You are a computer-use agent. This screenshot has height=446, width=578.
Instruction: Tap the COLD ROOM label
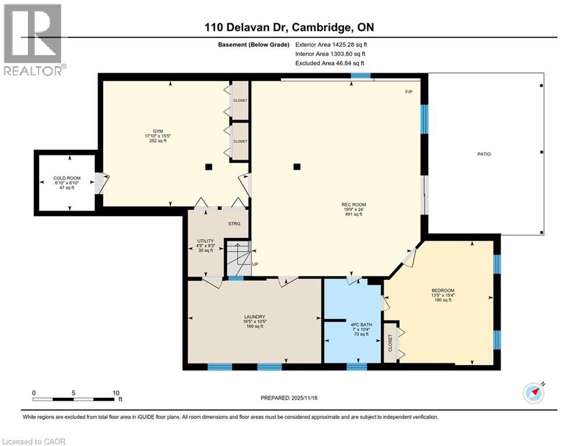tap(67, 178)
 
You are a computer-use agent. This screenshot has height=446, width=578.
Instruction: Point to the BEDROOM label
tap(442, 290)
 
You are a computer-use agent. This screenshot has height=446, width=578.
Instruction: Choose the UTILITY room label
tap(206, 241)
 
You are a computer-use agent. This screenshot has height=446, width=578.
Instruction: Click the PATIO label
tap(484, 154)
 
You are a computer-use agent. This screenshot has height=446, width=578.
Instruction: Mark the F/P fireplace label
tap(408, 92)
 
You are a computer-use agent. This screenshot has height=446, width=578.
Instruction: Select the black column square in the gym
tap(209, 167)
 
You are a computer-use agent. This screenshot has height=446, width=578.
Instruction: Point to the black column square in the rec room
tap(297, 167)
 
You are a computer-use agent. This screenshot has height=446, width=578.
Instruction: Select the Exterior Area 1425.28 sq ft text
tap(331, 44)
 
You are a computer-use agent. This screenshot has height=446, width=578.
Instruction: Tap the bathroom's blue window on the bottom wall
tap(357, 366)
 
